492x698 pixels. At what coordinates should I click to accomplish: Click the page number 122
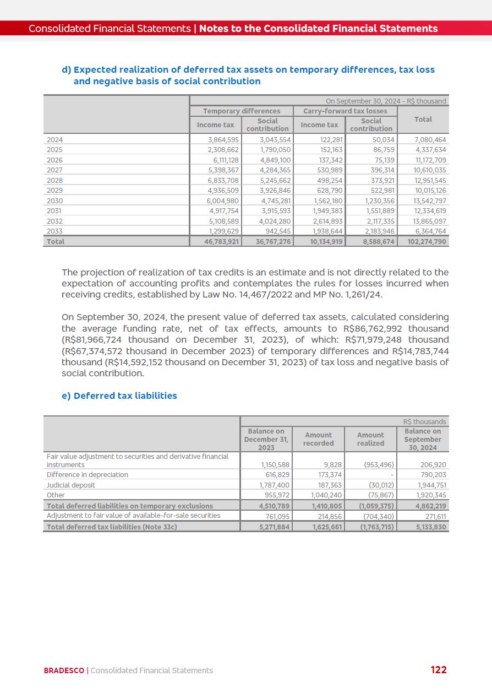438,670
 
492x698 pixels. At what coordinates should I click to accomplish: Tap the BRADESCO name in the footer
64,670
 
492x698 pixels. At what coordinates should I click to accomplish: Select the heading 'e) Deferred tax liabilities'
119,396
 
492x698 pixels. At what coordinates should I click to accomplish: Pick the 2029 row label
54,191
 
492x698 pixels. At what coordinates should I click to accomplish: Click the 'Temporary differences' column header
241,111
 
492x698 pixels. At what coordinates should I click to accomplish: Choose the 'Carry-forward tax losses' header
345,111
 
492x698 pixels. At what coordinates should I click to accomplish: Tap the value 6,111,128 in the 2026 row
223,160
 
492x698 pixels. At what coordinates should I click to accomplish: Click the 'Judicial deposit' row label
70,485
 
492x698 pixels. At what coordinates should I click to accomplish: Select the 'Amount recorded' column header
318,439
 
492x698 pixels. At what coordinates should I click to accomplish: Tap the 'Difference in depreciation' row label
87,474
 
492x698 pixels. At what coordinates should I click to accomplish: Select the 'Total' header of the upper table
423,120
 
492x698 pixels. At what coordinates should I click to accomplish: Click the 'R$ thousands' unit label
424,422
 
